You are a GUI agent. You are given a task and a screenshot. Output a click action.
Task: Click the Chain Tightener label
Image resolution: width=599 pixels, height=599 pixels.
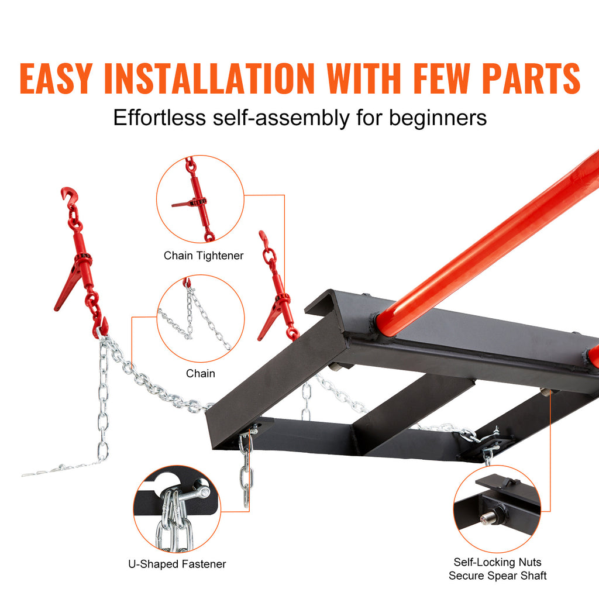click(x=203, y=255)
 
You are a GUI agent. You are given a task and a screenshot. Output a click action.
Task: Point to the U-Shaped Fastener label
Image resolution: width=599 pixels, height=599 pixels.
click(x=177, y=564)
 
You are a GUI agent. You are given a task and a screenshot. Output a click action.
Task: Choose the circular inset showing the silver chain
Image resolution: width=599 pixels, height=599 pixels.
click(x=200, y=319)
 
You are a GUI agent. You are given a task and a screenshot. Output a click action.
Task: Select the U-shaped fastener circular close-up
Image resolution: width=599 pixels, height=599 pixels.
click(x=177, y=508)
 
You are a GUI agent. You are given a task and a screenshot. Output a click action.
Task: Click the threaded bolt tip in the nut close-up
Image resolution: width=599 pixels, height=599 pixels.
click(x=485, y=517)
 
